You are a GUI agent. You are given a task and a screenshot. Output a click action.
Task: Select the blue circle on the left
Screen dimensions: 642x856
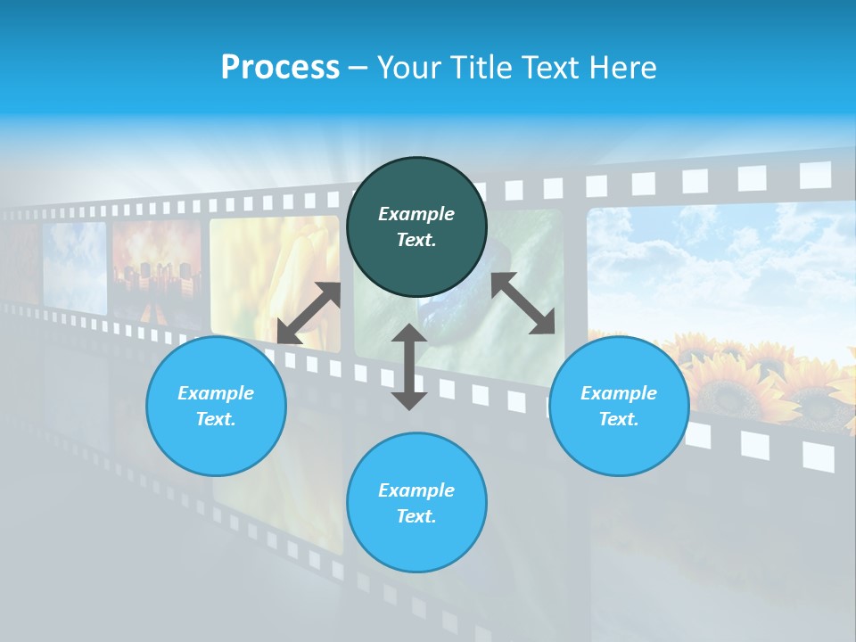tap(216, 406)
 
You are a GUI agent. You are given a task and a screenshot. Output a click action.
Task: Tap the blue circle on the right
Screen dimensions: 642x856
tap(619, 406)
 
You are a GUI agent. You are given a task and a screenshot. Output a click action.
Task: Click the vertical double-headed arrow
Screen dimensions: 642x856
tap(409, 366)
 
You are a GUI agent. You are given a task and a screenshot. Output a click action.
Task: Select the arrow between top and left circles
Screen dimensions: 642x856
tap(309, 313)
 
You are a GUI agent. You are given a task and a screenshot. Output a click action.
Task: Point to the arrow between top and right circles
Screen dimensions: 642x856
tap(523, 303)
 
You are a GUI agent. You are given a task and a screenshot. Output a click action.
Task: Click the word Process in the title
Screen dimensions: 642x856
tap(280, 67)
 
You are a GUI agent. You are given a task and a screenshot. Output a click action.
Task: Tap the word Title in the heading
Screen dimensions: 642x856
tap(482, 67)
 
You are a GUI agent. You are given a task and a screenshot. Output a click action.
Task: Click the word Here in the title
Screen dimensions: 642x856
tap(623, 67)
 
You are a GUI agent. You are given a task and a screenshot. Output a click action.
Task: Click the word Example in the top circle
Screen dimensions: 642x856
tap(416, 214)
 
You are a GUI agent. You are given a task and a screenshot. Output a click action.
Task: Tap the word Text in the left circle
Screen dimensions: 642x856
tap(216, 419)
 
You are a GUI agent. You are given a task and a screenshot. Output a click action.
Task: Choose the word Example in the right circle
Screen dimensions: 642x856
tap(619, 393)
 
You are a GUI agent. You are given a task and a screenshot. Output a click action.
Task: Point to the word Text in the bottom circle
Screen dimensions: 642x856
tap(416, 516)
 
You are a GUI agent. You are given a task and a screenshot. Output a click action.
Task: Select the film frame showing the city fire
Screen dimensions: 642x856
tap(157, 263)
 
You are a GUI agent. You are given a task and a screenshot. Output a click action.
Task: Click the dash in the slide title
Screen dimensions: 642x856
tap(358, 67)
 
